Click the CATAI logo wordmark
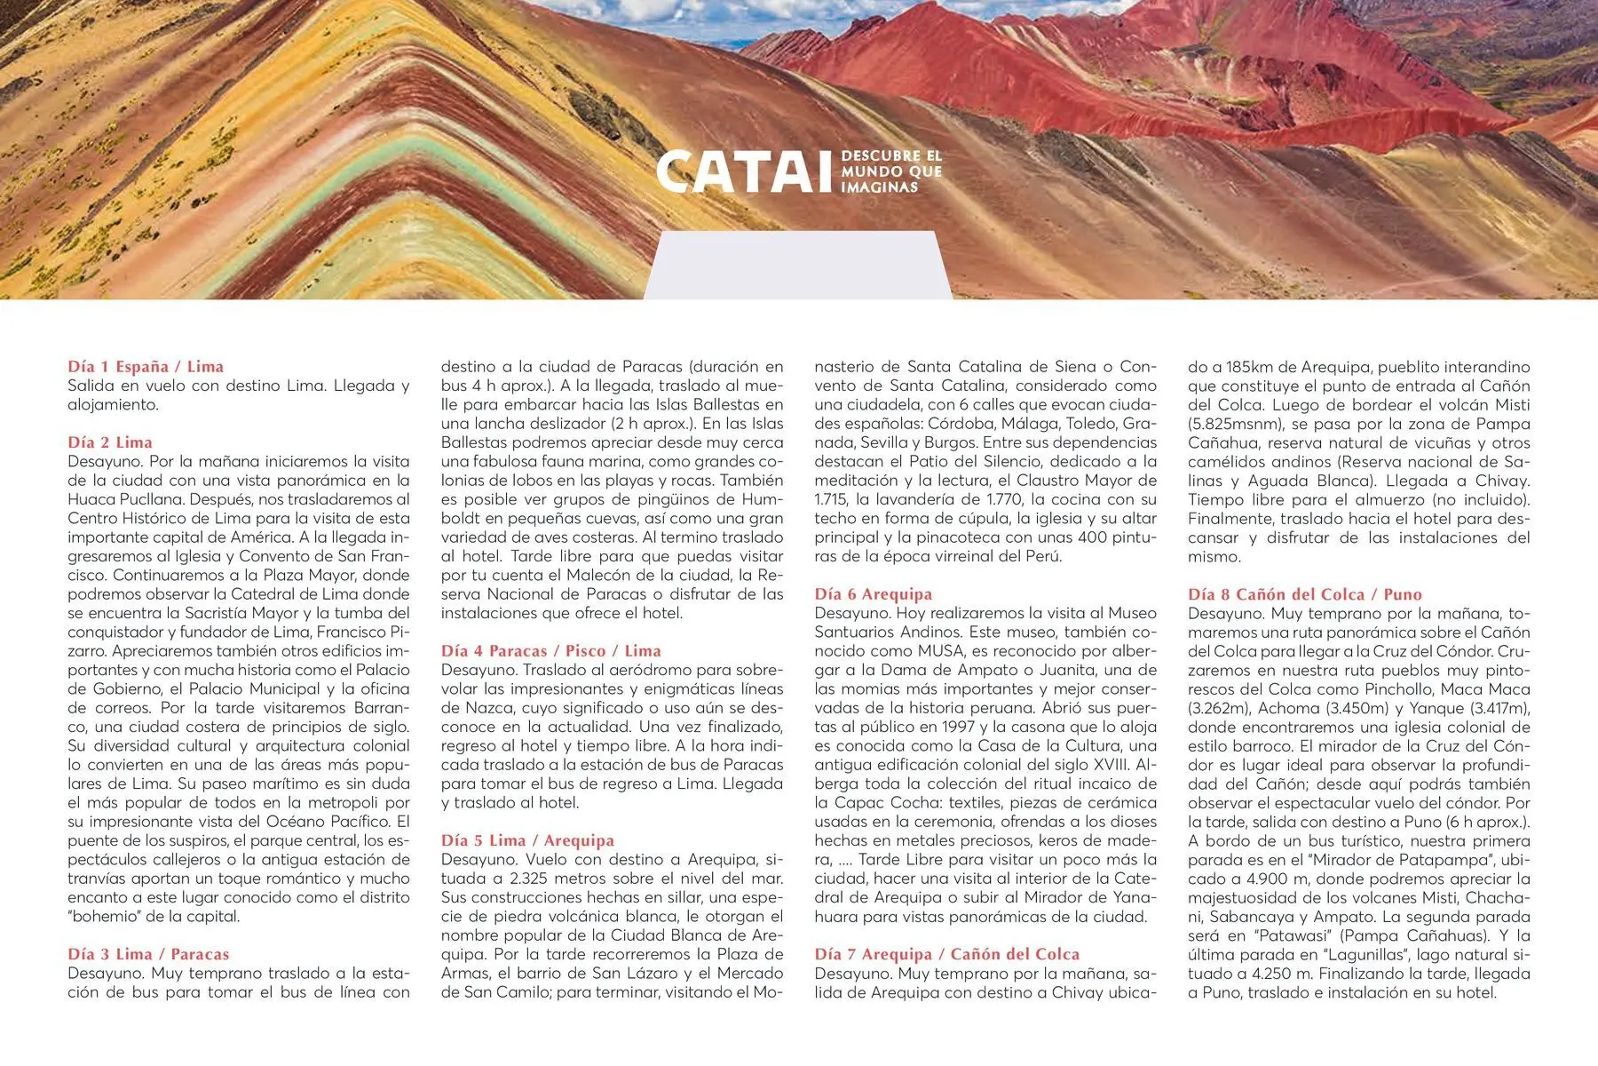(x=738, y=171)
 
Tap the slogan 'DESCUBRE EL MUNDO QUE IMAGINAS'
(x=891, y=171)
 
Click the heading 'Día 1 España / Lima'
(x=146, y=366)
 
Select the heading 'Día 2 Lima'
(x=110, y=442)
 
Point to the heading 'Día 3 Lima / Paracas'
(x=148, y=954)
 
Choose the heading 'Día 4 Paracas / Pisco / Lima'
(x=550, y=651)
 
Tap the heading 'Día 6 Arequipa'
(x=874, y=594)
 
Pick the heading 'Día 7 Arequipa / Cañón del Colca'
(x=947, y=954)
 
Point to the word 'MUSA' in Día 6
(x=940, y=651)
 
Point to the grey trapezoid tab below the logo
(x=797, y=264)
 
